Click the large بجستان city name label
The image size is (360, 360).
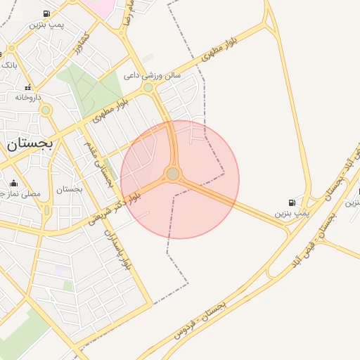point(30,145)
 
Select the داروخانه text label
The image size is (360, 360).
point(29,97)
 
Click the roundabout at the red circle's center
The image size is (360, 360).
point(173,174)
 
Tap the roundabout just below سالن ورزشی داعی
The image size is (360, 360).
point(148,88)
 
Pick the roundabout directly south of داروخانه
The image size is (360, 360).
point(46,110)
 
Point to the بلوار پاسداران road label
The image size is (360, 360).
point(117,250)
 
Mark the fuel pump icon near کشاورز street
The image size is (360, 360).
point(46,13)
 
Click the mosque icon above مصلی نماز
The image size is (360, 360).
point(14,183)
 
